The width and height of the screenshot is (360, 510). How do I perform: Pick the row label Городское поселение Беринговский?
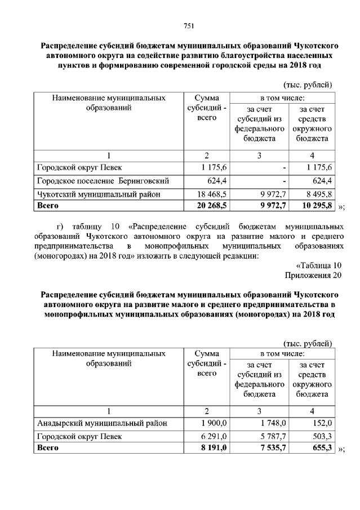103,181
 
